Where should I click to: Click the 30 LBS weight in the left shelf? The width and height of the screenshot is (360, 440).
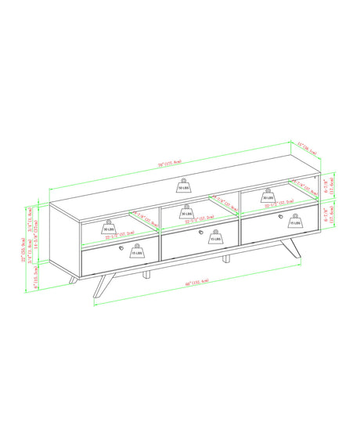tap(108, 229)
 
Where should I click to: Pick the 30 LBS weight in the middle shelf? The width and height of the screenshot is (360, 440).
tap(187, 212)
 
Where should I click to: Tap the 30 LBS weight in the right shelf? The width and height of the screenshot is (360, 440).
tap(268, 197)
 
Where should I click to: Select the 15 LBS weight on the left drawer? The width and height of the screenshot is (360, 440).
tap(137, 253)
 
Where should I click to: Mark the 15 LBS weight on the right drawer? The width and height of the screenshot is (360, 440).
tap(295, 222)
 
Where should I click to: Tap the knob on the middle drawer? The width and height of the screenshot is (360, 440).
tap(202, 233)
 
